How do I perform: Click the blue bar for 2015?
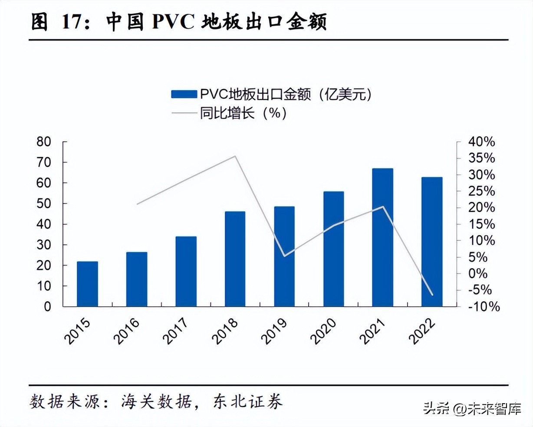(87, 284)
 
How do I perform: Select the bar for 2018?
(235, 259)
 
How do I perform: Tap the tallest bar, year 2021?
(382, 237)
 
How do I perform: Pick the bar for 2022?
(431, 242)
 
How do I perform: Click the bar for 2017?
(186, 271)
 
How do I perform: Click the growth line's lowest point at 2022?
(432, 295)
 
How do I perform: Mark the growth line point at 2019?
(284, 256)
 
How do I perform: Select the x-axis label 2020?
(323, 331)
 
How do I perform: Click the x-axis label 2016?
(127, 331)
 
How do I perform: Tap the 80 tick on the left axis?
(44, 142)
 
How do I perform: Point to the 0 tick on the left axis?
(47, 306)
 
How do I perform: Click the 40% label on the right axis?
(481, 142)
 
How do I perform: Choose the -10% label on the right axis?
(484, 306)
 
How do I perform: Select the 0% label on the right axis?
(477, 273)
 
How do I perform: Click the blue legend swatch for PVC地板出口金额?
(184, 94)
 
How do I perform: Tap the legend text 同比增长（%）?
(243, 113)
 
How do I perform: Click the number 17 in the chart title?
(72, 22)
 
